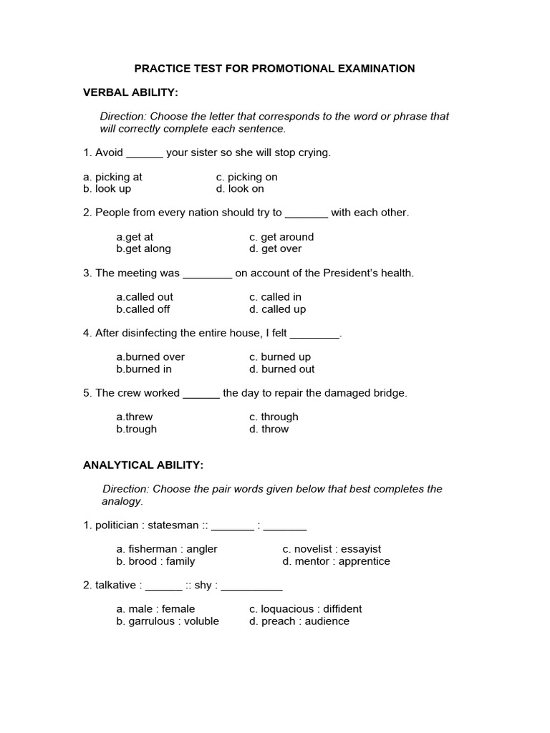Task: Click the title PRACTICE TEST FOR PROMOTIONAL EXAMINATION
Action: [275, 69]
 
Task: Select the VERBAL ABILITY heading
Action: [130, 92]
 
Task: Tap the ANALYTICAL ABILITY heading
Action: [143, 465]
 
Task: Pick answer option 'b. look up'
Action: [107, 189]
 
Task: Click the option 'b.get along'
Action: [143, 249]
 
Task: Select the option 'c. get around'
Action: [281, 237]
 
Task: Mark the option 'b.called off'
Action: [143, 309]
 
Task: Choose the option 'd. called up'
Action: [277, 309]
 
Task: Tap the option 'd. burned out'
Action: [281, 369]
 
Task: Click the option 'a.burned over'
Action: [150, 357]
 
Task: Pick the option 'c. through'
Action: [274, 417]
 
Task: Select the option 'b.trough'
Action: [136, 429]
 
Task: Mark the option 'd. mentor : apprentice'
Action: [336, 561]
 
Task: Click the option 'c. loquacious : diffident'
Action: [305, 609]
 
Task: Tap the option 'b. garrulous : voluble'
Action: [168, 621]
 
